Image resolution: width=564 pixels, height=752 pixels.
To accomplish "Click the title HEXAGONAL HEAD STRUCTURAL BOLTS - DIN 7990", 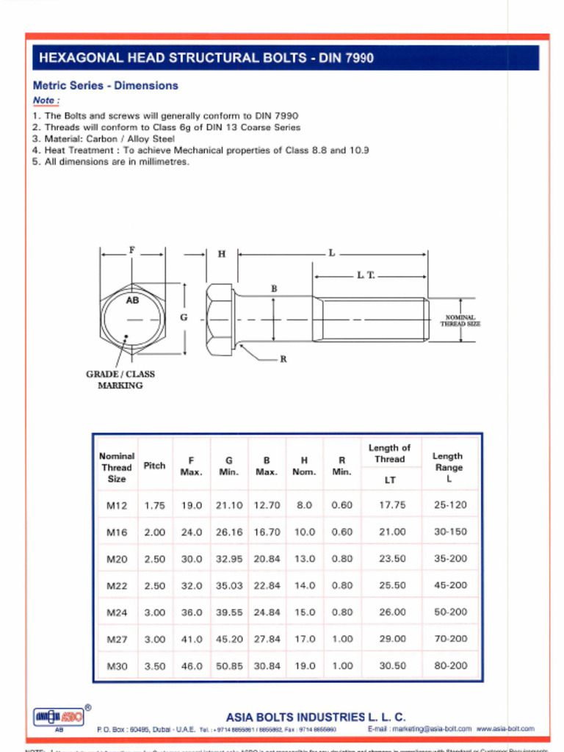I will [206, 58].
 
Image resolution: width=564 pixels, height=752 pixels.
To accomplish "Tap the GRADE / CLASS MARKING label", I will [120, 380].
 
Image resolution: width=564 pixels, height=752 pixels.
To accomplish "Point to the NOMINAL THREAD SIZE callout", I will [460, 320].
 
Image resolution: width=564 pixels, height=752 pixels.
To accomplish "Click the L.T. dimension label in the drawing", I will [366, 275].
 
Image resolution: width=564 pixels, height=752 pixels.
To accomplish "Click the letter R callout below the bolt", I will [283, 360].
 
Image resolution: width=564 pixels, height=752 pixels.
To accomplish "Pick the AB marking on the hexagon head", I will [132, 300].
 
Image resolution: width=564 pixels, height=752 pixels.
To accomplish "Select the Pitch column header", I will [154, 466].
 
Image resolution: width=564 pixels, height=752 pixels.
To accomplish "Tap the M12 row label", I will [117, 505].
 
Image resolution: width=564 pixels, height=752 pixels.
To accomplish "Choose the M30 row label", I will [117, 666].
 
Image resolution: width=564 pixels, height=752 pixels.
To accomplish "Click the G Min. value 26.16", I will [229, 532].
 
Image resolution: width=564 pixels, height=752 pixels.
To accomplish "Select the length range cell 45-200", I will [450, 585].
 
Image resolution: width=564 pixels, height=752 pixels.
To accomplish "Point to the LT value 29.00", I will [392, 639].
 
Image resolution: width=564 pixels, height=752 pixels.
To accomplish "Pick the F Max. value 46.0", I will [192, 666].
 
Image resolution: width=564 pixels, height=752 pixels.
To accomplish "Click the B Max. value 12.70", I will [267, 505].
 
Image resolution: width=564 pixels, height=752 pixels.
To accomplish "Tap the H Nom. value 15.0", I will [304, 612].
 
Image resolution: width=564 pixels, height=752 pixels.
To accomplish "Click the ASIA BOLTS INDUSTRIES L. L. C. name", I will [315, 716].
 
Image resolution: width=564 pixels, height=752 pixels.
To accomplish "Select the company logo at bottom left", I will [59, 716].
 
